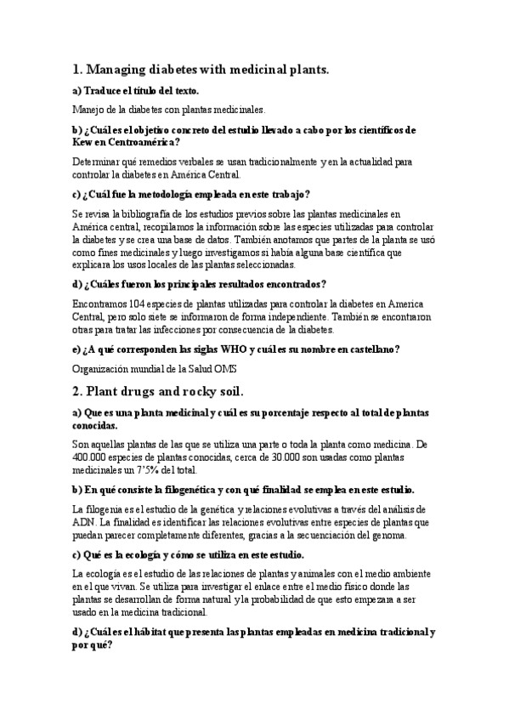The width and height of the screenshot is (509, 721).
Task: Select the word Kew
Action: (83, 142)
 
